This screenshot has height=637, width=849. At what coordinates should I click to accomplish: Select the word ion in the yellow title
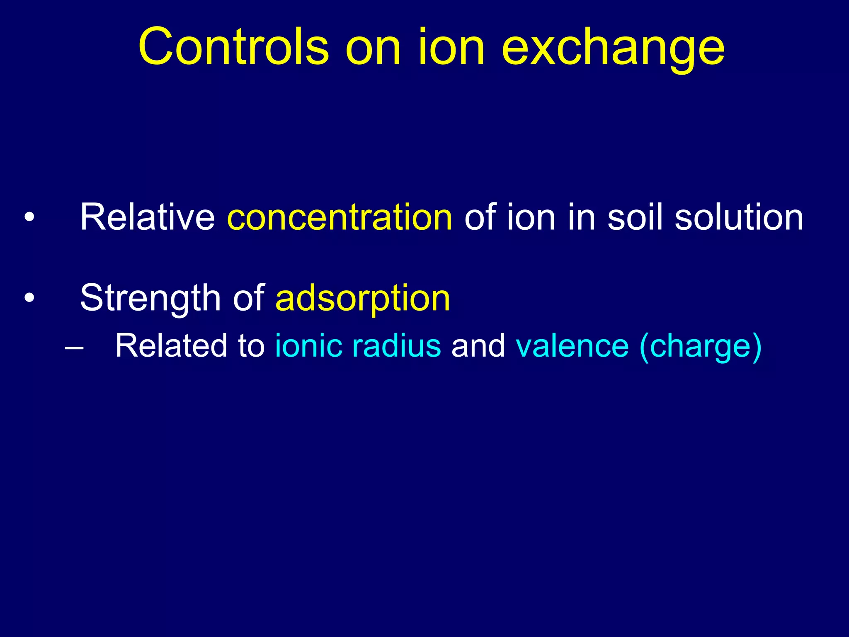pyautogui.click(x=451, y=46)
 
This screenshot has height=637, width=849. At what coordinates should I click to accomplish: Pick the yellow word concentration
pyautogui.click(x=340, y=218)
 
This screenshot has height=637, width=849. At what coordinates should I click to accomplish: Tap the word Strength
pyautogui.click(x=150, y=299)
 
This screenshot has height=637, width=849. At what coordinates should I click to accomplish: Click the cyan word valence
pyautogui.click(x=572, y=346)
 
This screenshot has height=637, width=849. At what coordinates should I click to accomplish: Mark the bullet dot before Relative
pyautogui.click(x=29, y=218)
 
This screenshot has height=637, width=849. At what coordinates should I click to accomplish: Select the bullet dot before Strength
pyautogui.click(x=29, y=298)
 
